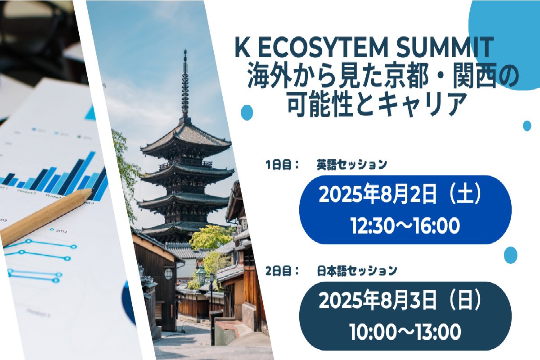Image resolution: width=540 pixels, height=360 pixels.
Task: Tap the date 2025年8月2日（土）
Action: [x=400, y=193]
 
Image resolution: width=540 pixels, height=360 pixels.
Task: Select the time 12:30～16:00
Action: [x=405, y=226]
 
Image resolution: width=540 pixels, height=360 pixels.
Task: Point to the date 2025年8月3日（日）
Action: [x=400, y=300]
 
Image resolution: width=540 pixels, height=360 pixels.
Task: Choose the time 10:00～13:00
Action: [x=405, y=332]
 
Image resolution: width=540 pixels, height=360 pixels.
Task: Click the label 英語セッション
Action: [x=352, y=165]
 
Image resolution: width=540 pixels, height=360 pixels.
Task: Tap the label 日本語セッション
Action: [x=357, y=271]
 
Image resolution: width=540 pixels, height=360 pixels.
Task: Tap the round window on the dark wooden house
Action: [x=168, y=274]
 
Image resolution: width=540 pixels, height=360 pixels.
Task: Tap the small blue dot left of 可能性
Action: [x=247, y=112]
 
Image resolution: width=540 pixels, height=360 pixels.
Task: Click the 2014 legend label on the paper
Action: [x=61, y=232]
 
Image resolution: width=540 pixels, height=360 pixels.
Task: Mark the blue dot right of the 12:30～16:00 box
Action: [x=511, y=255]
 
